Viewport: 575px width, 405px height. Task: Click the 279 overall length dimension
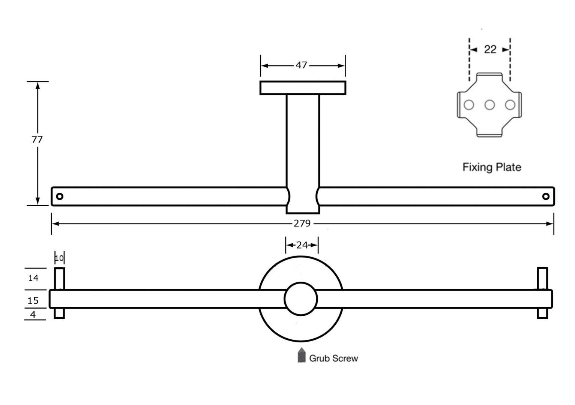[x=302, y=223]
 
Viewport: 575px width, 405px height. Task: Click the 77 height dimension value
[x=37, y=139]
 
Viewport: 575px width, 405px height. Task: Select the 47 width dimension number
[x=301, y=65]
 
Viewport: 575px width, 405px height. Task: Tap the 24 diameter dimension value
[x=302, y=245]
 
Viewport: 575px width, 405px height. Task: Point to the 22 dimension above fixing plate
[x=490, y=49]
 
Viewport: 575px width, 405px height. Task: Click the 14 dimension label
[x=33, y=278]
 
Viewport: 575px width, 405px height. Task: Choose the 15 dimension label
[x=33, y=300]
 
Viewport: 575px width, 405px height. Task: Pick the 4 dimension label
[x=33, y=315]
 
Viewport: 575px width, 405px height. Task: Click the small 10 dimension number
[x=59, y=258]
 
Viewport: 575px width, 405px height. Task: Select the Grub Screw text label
[x=333, y=358]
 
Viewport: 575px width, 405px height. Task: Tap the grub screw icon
[x=301, y=355]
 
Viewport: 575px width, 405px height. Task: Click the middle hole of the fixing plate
[x=489, y=105]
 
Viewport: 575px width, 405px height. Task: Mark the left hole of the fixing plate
[x=468, y=105]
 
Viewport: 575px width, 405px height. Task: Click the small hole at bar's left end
[x=59, y=196]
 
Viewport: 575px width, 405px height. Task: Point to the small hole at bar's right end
[x=546, y=196]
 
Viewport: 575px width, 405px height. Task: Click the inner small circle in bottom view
[x=301, y=299]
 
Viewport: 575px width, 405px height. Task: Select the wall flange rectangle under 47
[x=303, y=88]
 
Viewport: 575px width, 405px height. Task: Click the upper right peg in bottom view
[x=542, y=278]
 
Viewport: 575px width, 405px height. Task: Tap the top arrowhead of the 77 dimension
[x=38, y=85]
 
